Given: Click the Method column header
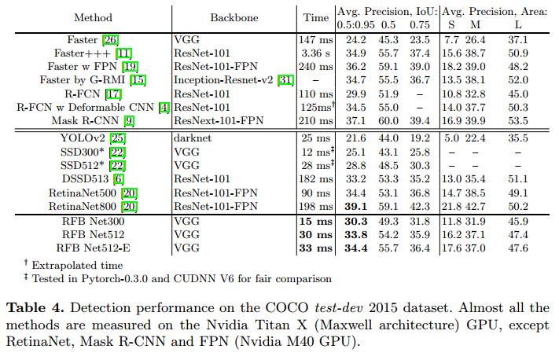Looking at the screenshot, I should [x=92, y=17].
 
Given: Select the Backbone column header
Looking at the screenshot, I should [x=236, y=17].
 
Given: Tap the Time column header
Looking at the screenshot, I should [x=316, y=17].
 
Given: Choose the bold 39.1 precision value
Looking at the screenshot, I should [x=353, y=207].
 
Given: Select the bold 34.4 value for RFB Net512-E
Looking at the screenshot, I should [x=353, y=249].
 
